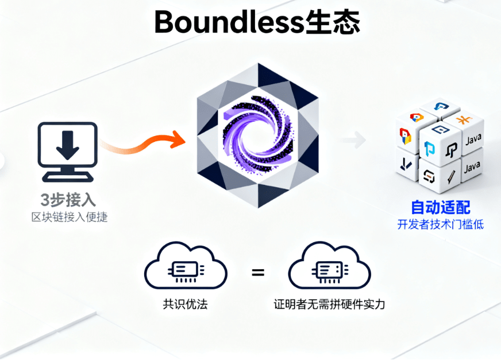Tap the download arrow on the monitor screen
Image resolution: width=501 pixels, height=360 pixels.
[x=67, y=145]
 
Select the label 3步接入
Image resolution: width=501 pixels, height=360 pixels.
[x=67, y=200]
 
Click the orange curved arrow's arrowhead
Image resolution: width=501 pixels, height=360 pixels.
[x=179, y=140]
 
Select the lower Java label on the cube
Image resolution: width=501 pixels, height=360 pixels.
[x=472, y=167]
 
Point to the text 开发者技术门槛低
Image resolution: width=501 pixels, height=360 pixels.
[x=440, y=224]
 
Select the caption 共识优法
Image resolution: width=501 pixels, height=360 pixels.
[x=185, y=304]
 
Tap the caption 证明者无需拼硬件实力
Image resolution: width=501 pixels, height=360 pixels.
[x=329, y=304]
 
